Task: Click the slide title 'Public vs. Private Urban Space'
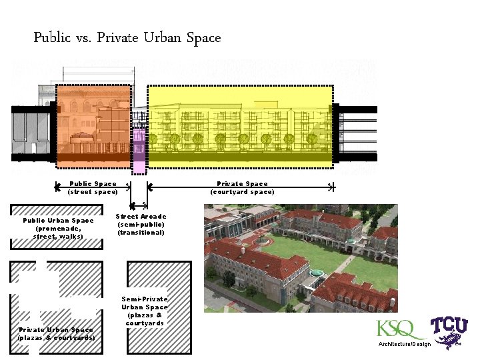(x=127, y=38)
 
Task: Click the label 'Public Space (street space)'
(x=93, y=188)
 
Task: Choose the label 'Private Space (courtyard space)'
(x=242, y=188)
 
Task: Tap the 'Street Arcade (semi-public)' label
(x=141, y=225)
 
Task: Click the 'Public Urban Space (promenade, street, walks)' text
(x=58, y=228)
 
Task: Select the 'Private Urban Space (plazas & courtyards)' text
(x=56, y=333)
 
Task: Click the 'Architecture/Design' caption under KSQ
(x=405, y=343)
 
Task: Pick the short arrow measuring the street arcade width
(x=139, y=205)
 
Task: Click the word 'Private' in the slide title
(x=116, y=38)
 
